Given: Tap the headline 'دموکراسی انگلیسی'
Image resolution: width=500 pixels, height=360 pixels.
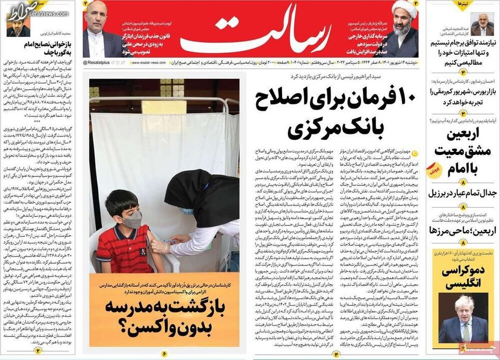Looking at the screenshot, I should click(x=463, y=277).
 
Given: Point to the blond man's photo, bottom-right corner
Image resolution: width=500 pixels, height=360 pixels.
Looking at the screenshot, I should click(x=463, y=318).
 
